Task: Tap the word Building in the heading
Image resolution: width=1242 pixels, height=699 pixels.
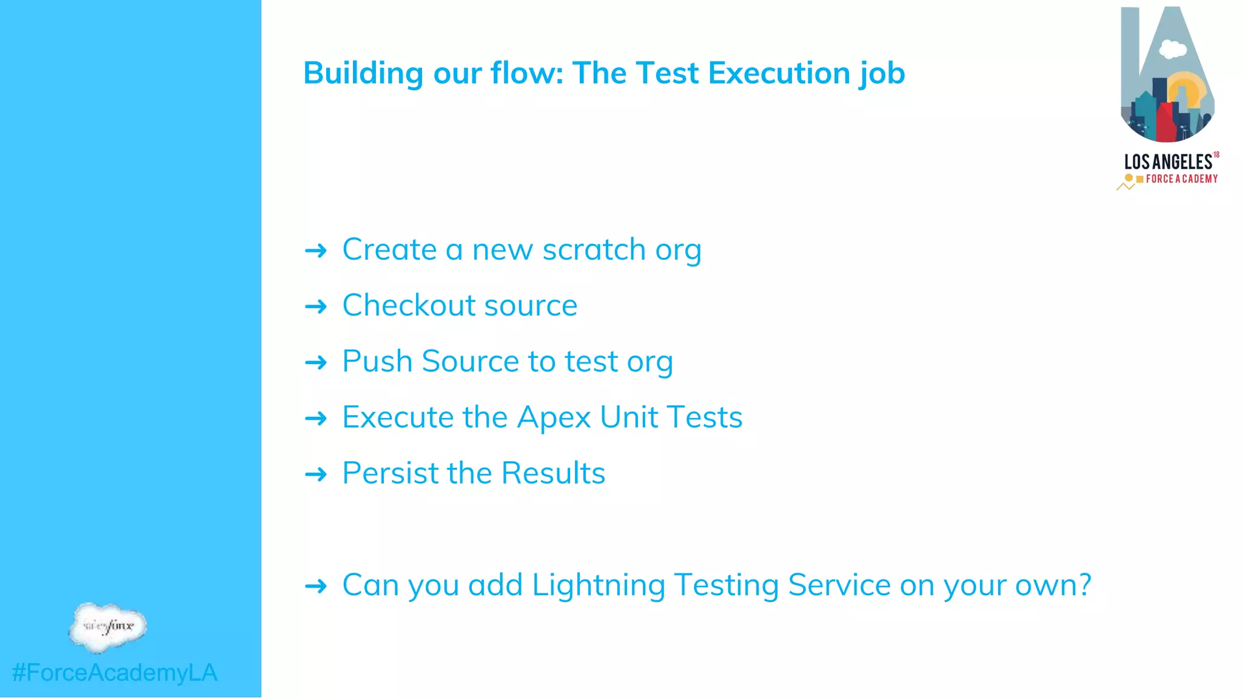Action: click(363, 73)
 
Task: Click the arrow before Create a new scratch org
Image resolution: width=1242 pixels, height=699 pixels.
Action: click(316, 251)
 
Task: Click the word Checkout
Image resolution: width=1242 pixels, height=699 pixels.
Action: click(408, 305)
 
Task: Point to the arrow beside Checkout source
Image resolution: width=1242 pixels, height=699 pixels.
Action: click(316, 306)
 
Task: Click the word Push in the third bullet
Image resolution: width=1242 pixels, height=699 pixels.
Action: click(377, 361)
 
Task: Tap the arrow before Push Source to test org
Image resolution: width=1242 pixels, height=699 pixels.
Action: click(316, 363)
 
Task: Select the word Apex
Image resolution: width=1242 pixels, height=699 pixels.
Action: click(554, 418)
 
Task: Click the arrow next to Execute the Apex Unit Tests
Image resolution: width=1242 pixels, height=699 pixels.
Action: click(316, 419)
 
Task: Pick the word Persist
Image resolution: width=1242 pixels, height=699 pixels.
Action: click(389, 473)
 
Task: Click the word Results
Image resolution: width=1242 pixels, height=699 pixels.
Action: click(553, 473)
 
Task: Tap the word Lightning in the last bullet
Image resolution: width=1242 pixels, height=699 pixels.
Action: click(598, 586)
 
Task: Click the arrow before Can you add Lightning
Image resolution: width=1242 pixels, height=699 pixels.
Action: click(316, 586)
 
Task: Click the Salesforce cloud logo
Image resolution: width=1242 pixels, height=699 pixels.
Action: click(108, 627)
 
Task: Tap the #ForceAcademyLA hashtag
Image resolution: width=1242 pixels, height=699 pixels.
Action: click(115, 673)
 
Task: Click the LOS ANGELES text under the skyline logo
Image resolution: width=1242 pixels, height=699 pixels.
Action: click(1168, 162)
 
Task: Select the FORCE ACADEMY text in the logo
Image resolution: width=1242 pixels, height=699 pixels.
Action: click(1181, 179)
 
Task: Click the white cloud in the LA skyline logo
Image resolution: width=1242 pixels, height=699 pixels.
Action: click(1173, 49)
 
